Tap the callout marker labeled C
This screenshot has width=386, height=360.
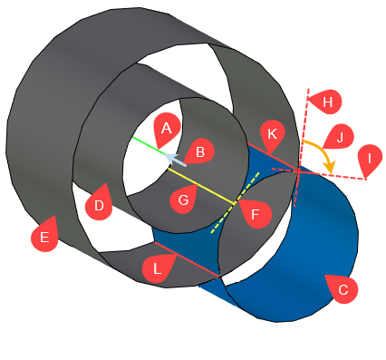(x=341, y=288)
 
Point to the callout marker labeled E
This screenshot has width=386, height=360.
(x=41, y=238)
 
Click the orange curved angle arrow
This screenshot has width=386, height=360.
(x=323, y=151)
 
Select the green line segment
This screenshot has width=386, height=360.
(x=147, y=146)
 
